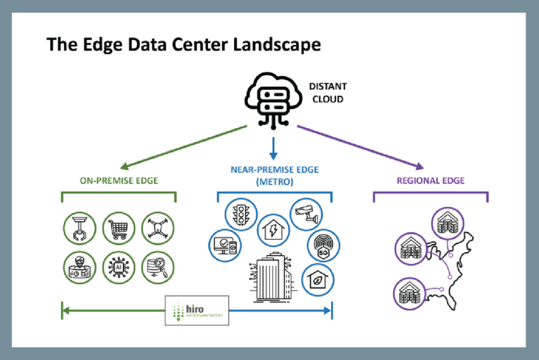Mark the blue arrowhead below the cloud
pos(274,153)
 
